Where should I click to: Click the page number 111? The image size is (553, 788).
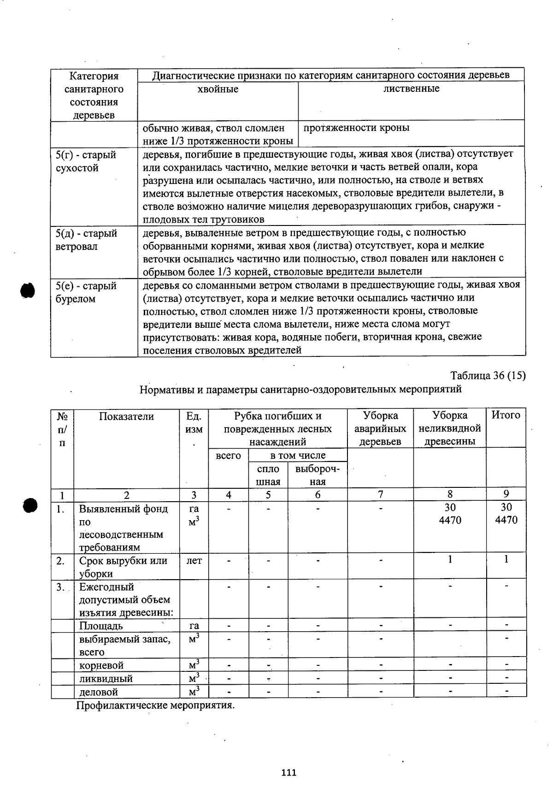(x=289, y=773)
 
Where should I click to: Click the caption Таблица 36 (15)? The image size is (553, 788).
(x=488, y=375)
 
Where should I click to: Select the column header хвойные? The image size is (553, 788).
(x=218, y=89)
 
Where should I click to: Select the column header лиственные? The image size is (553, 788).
(x=411, y=89)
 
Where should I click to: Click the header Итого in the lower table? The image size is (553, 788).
(x=506, y=415)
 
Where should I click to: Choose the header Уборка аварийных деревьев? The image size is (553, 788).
(x=380, y=428)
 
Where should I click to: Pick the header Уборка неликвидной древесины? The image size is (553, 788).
(x=450, y=428)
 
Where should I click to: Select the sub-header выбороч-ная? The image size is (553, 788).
(x=318, y=475)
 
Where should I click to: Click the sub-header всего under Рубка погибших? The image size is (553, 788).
(x=228, y=456)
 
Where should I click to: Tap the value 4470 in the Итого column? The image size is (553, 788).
(x=506, y=520)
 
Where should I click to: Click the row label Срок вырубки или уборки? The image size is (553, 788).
(x=123, y=567)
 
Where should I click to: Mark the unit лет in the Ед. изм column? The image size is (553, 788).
(x=194, y=561)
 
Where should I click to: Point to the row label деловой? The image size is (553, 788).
(x=99, y=692)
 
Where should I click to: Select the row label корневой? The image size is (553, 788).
(x=101, y=665)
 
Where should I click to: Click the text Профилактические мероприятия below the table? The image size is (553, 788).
(x=155, y=705)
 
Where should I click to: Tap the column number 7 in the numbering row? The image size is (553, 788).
(x=380, y=494)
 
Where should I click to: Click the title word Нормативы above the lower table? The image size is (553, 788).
(x=167, y=389)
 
